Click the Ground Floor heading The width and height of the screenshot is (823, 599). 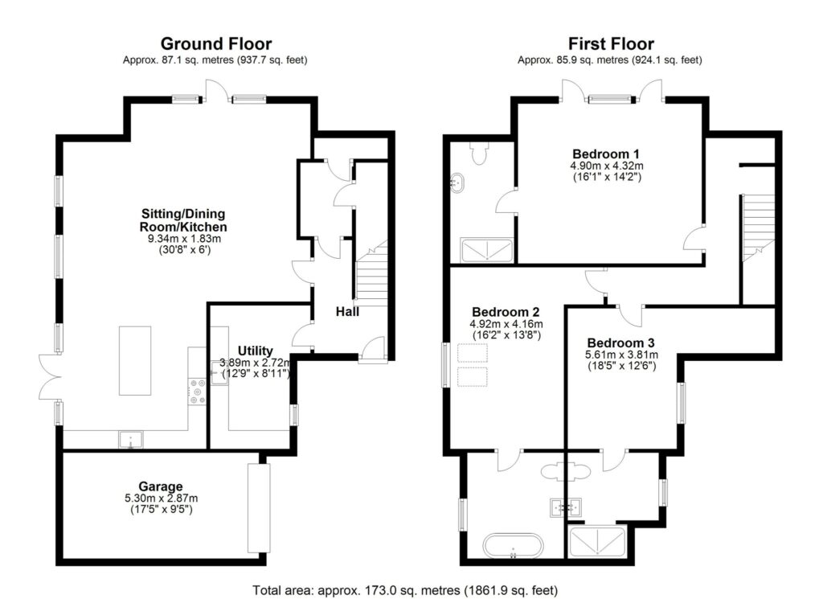pyautogui.click(x=215, y=43)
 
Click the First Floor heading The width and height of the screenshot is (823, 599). pyautogui.click(x=611, y=43)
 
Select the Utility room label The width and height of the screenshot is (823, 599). pyautogui.click(x=255, y=350)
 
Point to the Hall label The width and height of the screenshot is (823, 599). pyautogui.click(x=347, y=311)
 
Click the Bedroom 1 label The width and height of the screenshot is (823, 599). pyautogui.click(x=605, y=154)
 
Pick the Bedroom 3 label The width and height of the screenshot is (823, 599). pyautogui.click(x=621, y=342)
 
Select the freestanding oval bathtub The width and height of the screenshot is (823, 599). pyautogui.click(x=514, y=545)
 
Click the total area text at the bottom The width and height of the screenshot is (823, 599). pyautogui.click(x=404, y=589)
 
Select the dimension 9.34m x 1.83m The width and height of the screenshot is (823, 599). pyautogui.click(x=183, y=237)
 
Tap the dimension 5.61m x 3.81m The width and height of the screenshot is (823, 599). pyautogui.click(x=621, y=355)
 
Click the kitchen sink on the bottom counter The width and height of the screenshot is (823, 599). pyautogui.click(x=130, y=439)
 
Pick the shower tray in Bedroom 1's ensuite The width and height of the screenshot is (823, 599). pyautogui.click(x=486, y=250)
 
